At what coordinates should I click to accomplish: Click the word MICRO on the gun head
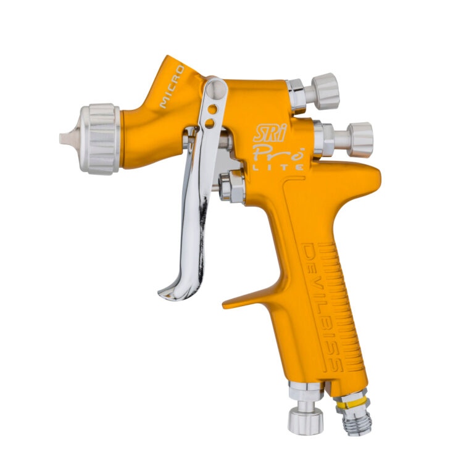tap(172, 87)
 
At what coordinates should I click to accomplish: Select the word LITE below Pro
tap(278, 167)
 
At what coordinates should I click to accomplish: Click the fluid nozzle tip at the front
tap(65, 139)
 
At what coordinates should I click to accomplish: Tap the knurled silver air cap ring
tap(100, 139)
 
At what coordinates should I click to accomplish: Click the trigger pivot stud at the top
tap(217, 89)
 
